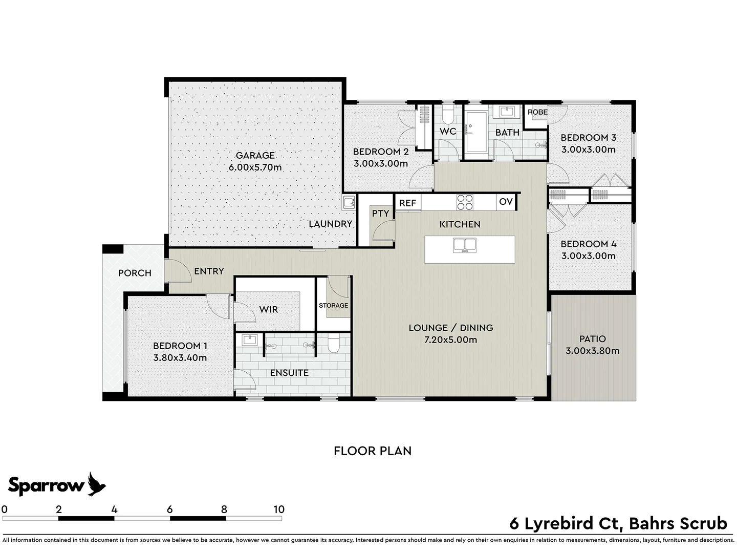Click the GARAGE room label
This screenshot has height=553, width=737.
(255, 155)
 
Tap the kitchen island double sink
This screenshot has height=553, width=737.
(464, 245)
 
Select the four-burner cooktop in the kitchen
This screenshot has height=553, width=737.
(465, 202)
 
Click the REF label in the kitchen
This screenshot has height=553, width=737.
(407, 203)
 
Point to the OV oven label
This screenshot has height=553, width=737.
(506, 202)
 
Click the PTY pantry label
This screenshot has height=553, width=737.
(380, 214)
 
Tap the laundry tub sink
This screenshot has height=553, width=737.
(350, 202)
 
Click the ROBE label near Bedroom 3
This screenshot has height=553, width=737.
(537, 112)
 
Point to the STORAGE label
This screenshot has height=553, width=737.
(333, 306)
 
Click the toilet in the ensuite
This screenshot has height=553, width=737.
(333, 345)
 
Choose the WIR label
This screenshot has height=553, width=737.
(268, 309)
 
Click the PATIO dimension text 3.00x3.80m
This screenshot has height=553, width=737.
(592, 351)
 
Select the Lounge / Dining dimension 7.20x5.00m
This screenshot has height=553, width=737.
(450, 340)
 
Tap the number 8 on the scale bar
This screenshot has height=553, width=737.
(224, 509)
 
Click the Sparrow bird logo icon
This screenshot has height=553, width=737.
(96, 484)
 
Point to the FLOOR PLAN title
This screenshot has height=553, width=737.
(373, 451)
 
